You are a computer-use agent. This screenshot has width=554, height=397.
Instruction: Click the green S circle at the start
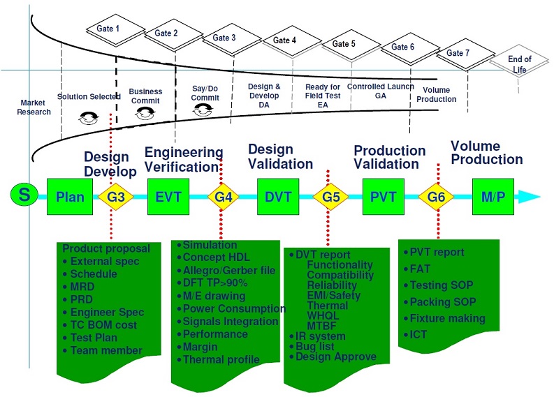(x=24, y=195)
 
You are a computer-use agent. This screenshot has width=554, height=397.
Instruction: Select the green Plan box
(x=70, y=196)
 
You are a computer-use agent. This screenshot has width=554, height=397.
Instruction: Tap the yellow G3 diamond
(x=117, y=196)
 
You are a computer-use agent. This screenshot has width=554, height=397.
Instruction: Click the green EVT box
(x=168, y=196)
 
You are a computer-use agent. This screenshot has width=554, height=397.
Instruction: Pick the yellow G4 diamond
(x=223, y=196)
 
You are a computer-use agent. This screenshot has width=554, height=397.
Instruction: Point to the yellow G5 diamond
(x=331, y=196)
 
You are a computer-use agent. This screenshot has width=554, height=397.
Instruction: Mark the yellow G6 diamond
(x=437, y=196)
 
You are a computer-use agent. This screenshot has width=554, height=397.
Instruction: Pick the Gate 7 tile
(x=459, y=53)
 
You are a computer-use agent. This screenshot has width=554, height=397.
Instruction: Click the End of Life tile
(x=519, y=63)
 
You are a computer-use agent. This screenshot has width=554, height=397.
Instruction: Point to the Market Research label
(x=35, y=107)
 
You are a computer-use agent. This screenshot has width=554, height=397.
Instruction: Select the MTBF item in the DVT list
(x=321, y=326)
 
